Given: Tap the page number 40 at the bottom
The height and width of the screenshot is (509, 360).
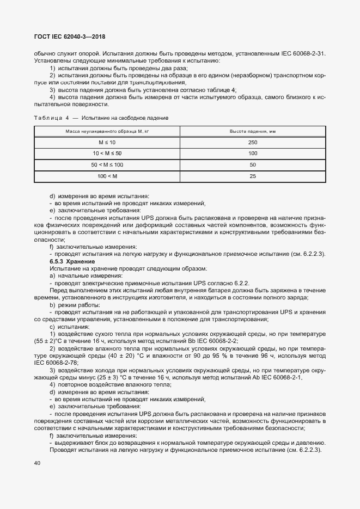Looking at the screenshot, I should (38, 463).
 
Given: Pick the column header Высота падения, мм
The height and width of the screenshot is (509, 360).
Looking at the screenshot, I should (252, 132).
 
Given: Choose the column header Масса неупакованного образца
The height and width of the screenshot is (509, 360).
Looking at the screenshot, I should (107, 132).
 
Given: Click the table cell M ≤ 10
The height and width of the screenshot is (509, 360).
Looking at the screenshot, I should (107, 143).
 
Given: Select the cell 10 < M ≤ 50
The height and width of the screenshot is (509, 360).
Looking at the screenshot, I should (107, 154).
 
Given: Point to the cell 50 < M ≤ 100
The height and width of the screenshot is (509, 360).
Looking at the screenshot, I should (107, 165).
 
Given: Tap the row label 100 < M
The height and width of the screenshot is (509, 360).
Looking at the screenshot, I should (107, 176).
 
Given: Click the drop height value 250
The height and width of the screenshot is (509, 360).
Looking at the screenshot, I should (252, 143).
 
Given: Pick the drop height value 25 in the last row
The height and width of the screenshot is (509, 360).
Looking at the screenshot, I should (252, 176).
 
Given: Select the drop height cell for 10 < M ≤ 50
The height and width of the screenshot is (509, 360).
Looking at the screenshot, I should (252, 154).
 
